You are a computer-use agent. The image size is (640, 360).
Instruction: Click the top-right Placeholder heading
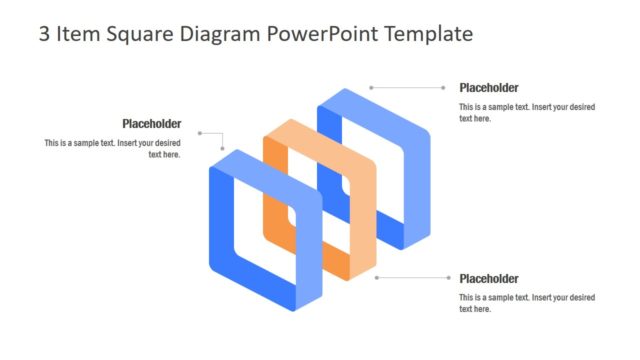(489, 88)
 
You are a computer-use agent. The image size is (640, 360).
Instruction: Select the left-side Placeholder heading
(152, 124)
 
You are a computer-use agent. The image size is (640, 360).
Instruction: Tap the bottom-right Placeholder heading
(489, 278)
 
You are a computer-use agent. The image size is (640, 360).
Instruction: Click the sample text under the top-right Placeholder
(527, 112)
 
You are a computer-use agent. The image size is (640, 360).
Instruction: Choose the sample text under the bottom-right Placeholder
(527, 303)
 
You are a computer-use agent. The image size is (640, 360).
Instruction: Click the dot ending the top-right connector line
(371, 88)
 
